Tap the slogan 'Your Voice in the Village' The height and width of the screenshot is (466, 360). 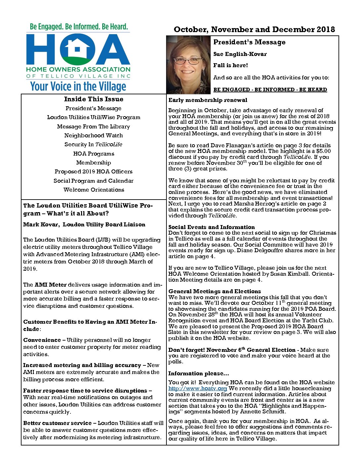(78, 86)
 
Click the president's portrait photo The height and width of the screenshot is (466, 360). (188, 65)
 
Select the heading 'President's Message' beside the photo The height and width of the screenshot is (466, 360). (249, 42)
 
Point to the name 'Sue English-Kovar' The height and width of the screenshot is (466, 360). (240, 54)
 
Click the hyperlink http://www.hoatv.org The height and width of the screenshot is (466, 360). (198, 388)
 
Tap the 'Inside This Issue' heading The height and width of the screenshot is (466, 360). (94, 99)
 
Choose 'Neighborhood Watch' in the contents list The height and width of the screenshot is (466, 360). (94, 135)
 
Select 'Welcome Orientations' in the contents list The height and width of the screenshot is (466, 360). (94, 190)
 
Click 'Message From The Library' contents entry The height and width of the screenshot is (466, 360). (94, 126)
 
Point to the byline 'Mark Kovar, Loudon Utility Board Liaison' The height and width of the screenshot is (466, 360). (84, 224)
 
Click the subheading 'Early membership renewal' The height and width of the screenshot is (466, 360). (208, 100)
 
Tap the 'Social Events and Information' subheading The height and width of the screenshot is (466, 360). (211, 227)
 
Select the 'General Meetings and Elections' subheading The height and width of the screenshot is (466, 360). (214, 291)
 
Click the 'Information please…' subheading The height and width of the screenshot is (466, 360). (199, 373)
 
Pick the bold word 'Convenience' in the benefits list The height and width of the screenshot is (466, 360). (42, 340)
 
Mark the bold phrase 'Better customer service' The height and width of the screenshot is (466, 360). (57, 423)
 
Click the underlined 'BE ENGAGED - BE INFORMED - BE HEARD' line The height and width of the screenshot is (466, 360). (270, 89)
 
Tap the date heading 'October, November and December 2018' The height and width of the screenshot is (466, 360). (254, 29)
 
